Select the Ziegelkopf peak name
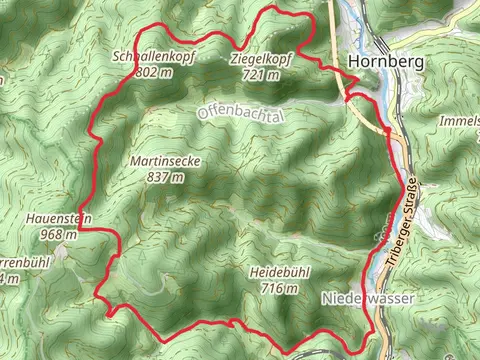(x=260, y=58)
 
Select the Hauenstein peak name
(x=48, y=217)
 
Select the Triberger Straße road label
(x=401, y=229)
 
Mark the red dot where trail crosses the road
(x=387, y=131)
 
